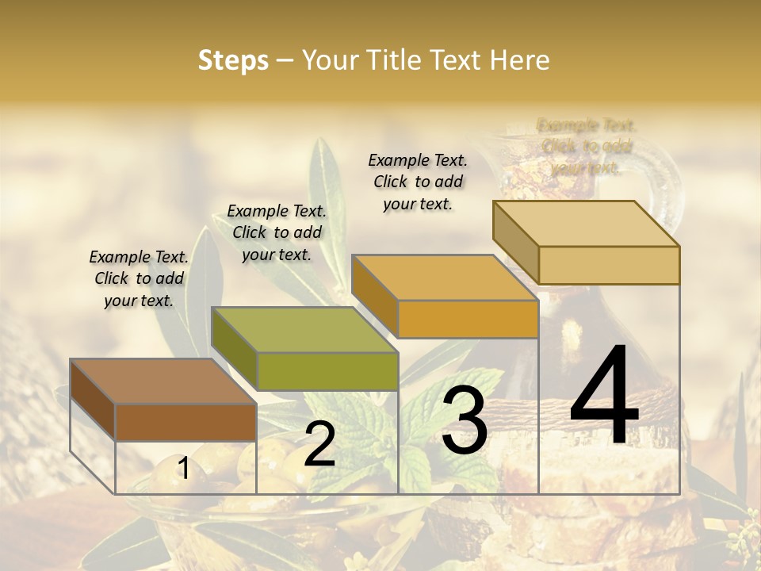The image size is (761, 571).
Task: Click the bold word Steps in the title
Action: point(233,60)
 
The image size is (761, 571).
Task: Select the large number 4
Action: point(604,397)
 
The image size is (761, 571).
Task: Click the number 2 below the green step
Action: point(319,444)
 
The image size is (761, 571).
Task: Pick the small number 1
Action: point(183,469)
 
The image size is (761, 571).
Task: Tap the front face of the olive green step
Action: point(327,371)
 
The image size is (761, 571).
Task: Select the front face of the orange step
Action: point(468,320)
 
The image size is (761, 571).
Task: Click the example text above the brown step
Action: point(139,279)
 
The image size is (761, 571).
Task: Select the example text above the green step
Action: point(277,232)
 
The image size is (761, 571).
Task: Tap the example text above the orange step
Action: point(418,182)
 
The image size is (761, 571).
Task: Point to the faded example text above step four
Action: point(587,147)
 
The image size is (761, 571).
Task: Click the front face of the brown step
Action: point(185,422)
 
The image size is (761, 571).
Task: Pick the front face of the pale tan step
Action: point(609,265)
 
